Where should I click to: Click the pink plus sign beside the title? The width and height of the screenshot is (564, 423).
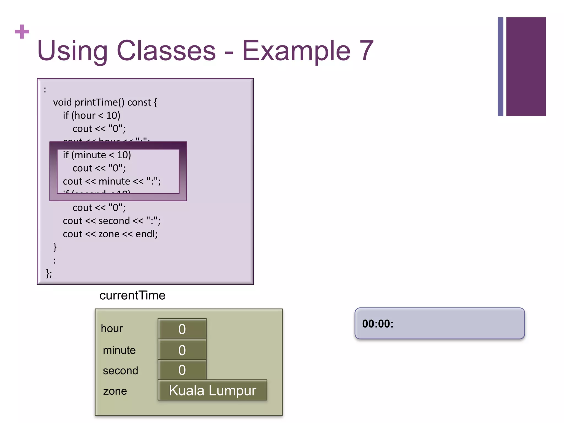[x=22, y=32]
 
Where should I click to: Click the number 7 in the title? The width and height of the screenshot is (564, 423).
[x=366, y=51]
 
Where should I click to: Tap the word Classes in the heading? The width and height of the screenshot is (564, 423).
[x=166, y=51]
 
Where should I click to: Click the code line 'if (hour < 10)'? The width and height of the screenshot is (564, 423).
[x=91, y=116]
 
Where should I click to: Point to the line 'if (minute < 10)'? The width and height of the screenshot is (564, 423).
[x=97, y=155]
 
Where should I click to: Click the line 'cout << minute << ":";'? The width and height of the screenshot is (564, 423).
[x=112, y=181]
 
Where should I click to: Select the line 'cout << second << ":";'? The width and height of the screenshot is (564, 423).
[x=112, y=221]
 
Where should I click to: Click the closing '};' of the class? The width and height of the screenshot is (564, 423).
[x=49, y=273]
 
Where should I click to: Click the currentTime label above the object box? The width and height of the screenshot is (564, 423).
[x=132, y=295]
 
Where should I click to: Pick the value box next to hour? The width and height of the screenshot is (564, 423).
[x=182, y=329]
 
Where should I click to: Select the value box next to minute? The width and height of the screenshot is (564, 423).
[x=182, y=350]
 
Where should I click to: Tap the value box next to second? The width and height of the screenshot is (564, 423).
[x=182, y=370]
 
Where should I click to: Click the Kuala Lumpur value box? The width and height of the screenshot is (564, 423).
[x=212, y=390]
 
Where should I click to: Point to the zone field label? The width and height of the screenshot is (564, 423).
[x=115, y=391]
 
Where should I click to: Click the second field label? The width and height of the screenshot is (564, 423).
[x=120, y=371]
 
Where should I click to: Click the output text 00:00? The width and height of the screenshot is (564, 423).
[x=378, y=324]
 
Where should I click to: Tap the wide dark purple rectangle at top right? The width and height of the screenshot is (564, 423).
[x=526, y=67]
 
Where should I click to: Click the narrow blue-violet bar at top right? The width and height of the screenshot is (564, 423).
[x=500, y=67]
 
